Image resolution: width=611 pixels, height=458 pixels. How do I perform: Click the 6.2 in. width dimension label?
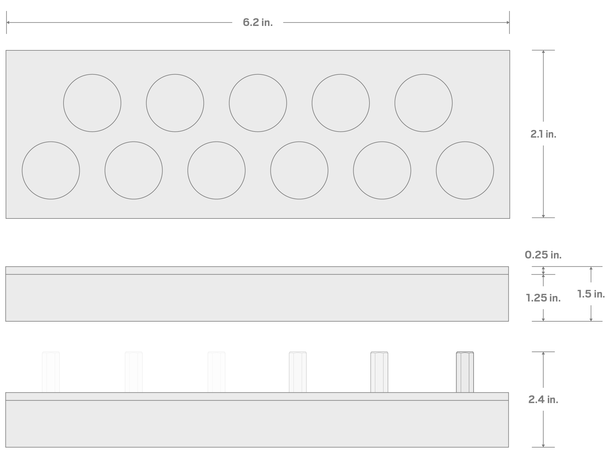(258, 22)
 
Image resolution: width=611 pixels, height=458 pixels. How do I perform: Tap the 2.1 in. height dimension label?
(543, 134)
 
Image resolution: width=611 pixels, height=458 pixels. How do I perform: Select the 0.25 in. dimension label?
(543, 255)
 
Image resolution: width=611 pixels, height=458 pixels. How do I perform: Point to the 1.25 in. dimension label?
(543, 298)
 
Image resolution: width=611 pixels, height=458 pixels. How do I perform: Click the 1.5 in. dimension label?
(591, 294)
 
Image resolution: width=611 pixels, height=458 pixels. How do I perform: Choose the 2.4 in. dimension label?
(543, 399)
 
